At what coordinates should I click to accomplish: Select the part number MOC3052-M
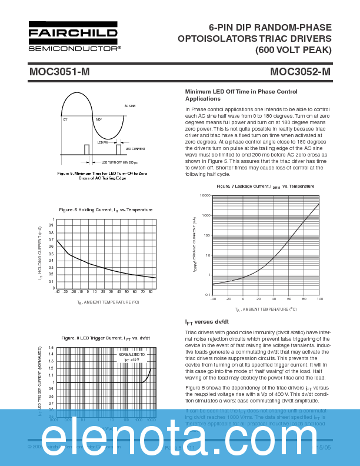[300, 72]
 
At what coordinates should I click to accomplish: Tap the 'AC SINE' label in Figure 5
[130, 106]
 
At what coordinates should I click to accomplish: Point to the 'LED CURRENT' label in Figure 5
[135, 149]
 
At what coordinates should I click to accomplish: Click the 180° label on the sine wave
[99, 119]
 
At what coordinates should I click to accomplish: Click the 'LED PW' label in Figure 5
[102, 142]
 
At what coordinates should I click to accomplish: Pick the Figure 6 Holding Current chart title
[105, 209]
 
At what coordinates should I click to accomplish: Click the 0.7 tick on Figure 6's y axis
[52, 241]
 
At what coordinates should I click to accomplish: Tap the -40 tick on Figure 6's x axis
[57, 291]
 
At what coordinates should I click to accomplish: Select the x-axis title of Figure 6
[108, 302]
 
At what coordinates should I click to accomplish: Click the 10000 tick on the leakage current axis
[205, 195]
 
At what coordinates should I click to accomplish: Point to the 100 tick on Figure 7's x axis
[319, 299]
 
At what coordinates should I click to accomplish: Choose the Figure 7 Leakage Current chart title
[265, 186]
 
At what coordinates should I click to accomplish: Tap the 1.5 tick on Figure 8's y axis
[52, 348]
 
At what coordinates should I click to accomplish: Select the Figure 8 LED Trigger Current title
[105, 338]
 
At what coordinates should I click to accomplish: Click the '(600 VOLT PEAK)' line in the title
[293, 49]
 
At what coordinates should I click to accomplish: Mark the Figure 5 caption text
[102, 175]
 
